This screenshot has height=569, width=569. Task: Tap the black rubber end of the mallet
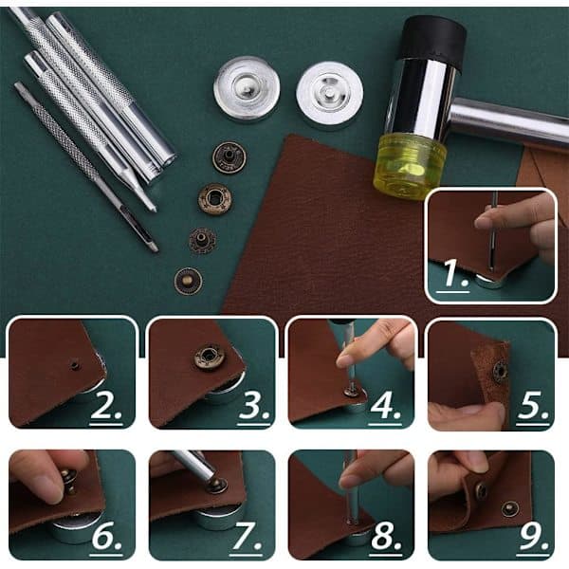point(434,39)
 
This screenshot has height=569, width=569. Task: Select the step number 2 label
point(105,408)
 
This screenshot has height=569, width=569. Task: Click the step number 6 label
point(106,538)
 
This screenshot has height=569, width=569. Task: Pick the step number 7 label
point(246,538)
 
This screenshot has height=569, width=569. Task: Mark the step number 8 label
point(385,538)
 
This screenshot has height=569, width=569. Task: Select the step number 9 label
point(533,538)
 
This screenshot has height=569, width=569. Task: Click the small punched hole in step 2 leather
point(75,364)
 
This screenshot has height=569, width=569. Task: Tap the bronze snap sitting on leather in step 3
point(209,358)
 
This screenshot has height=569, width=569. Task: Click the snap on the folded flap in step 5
point(501,371)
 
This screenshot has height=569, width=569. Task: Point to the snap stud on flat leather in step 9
point(510,508)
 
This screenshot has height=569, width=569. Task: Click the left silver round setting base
point(247,89)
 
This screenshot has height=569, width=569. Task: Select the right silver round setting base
point(329,94)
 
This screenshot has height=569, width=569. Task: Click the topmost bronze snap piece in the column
point(229,157)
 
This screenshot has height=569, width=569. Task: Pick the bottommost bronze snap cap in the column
point(188,281)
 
